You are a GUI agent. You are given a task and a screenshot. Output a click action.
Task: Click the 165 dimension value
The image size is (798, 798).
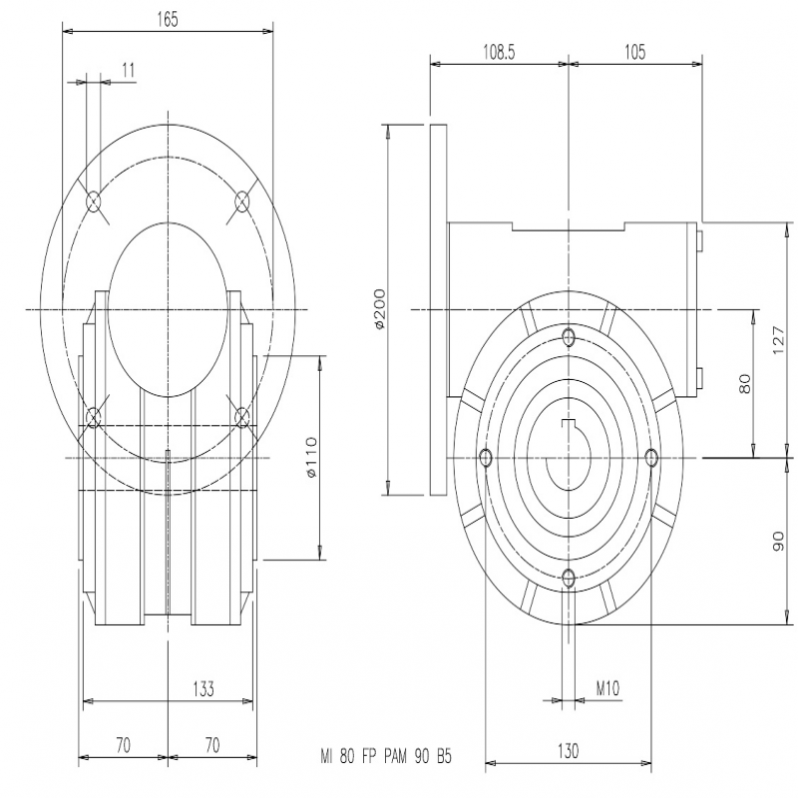click(168, 19)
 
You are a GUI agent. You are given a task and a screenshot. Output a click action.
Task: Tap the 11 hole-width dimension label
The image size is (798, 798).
click(129, 70)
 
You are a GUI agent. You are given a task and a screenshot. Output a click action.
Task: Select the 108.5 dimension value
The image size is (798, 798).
click(499, 52)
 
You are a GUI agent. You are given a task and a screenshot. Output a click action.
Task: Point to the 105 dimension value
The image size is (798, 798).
click(634, 52)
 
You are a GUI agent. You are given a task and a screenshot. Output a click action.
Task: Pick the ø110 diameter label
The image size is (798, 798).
click(310, 457)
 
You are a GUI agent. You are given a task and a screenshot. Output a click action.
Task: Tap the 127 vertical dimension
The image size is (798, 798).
click(778, 340)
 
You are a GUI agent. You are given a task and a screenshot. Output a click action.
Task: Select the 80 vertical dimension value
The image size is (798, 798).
click(744, 383)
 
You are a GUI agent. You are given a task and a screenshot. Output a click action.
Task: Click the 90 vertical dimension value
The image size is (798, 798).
click(778, 541)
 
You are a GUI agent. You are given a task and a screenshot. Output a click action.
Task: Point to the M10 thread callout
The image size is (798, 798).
click(607, 688)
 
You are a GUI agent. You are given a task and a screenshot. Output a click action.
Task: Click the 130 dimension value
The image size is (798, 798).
click(568, 751)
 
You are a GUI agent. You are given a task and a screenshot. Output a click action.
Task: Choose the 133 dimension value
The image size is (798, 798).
click(203, 688)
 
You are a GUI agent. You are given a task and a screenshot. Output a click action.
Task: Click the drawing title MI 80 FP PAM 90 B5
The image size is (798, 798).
click(386, 757)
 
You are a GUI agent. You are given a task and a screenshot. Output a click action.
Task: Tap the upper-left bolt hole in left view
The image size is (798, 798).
click(94, 202)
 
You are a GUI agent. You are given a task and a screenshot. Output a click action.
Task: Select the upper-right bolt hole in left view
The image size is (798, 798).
click(241, 202)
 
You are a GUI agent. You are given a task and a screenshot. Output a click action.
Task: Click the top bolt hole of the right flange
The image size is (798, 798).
click(569, 336)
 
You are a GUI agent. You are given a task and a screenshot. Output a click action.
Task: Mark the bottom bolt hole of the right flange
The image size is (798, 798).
click(569, 579)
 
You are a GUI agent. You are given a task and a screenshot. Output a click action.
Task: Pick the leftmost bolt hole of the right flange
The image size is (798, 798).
click(486, 457)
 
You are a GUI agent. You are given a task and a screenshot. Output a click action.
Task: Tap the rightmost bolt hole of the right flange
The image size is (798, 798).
click(651, 457)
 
